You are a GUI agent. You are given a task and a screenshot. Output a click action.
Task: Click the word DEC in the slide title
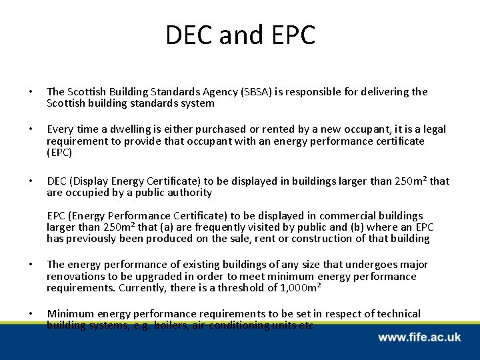click(x=189, y=35)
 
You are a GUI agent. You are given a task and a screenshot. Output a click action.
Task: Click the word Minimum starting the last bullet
click(x=71, y=314)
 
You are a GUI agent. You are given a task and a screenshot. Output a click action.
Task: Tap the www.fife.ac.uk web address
click(x=419, y=338)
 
